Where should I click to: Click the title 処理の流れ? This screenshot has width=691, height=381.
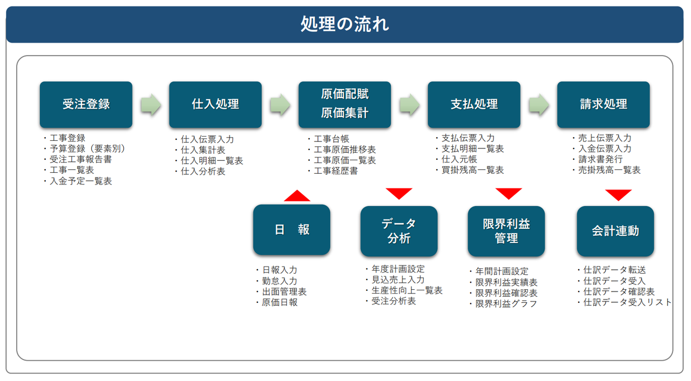coord(344,24)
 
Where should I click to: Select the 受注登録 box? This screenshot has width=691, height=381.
coord(86,105)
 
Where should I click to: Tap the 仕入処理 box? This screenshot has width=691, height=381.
coord(215,105)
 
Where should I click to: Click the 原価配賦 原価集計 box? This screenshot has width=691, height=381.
coord(344,105)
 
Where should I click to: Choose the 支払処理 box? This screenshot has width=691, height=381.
coord(474,105)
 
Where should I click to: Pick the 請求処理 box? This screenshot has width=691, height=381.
coord(604,105)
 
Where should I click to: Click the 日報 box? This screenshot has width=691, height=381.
coord(292,230)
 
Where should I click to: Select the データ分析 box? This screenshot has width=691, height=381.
coord(399,231)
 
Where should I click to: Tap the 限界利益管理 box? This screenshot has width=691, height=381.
coord(506,231)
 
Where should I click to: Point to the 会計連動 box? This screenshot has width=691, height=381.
coord(615,231)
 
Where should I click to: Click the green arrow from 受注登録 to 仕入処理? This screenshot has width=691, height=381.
coord(151,105)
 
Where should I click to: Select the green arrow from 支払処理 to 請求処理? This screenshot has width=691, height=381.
coord(539,105)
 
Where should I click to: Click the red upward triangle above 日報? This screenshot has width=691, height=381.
coord(297,196)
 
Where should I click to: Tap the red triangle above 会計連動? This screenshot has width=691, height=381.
coord(619,194)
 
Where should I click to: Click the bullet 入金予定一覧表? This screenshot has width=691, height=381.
coord(78,181)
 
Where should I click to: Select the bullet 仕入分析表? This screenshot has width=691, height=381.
coord(200,172)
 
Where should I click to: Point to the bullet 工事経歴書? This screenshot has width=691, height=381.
coord(333,171)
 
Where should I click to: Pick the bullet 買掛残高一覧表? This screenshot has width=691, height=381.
coord(470,170)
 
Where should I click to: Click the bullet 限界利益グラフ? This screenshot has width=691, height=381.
coord(504,304)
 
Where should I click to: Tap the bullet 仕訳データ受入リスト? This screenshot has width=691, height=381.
coord(625,302)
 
